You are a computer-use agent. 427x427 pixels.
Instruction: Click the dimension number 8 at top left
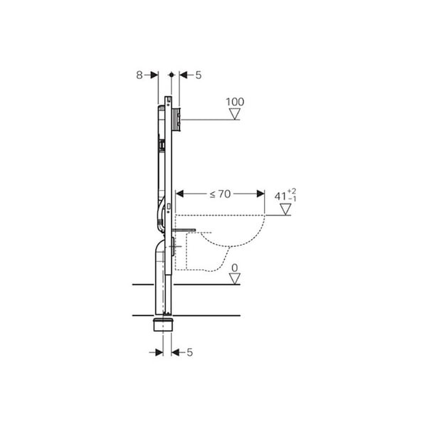coord(139,75)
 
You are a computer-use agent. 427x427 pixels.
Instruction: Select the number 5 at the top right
coord(199,75)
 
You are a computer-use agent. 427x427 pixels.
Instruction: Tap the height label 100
coord(235,102)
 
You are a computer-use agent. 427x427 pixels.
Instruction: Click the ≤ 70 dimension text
coord(220,194)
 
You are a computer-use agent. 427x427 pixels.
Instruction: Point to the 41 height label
coord(280,196)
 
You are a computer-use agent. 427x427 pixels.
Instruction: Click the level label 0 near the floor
coord(234,268)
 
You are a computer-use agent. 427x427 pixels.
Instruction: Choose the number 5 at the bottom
coord(189,352)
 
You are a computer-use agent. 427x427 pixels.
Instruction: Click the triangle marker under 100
coord(234,114)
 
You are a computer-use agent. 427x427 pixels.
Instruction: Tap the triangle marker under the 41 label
coord(285,209)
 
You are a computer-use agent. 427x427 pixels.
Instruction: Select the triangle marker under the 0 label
coord(234,279)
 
